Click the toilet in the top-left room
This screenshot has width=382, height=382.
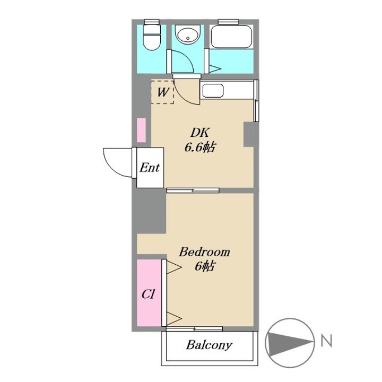(152, 37)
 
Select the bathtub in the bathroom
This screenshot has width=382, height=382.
(231, 37)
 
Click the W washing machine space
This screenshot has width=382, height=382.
(162, 92)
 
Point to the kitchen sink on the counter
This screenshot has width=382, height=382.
(213, 91)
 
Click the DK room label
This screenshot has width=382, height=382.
(200, 133)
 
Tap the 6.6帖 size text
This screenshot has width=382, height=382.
(200, 147)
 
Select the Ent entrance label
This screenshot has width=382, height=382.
(150, 168)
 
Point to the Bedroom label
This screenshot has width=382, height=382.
(204, 251)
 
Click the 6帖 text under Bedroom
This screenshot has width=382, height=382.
(205, 266)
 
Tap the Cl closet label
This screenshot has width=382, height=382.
(148, 294)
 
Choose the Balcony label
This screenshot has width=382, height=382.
(209, 345)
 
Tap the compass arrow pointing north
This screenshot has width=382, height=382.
(290, 343)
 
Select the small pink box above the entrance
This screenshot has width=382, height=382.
(141, 130)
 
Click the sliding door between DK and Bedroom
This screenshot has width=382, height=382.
(193, 190)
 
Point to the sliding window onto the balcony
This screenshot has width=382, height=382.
(194, 329)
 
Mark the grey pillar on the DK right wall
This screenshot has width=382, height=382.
(249, 134)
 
